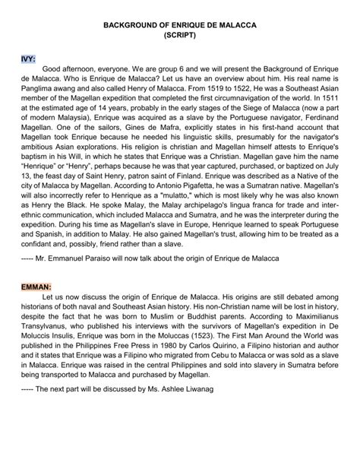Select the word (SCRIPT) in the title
pyautogui.click(x=179, y=36)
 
